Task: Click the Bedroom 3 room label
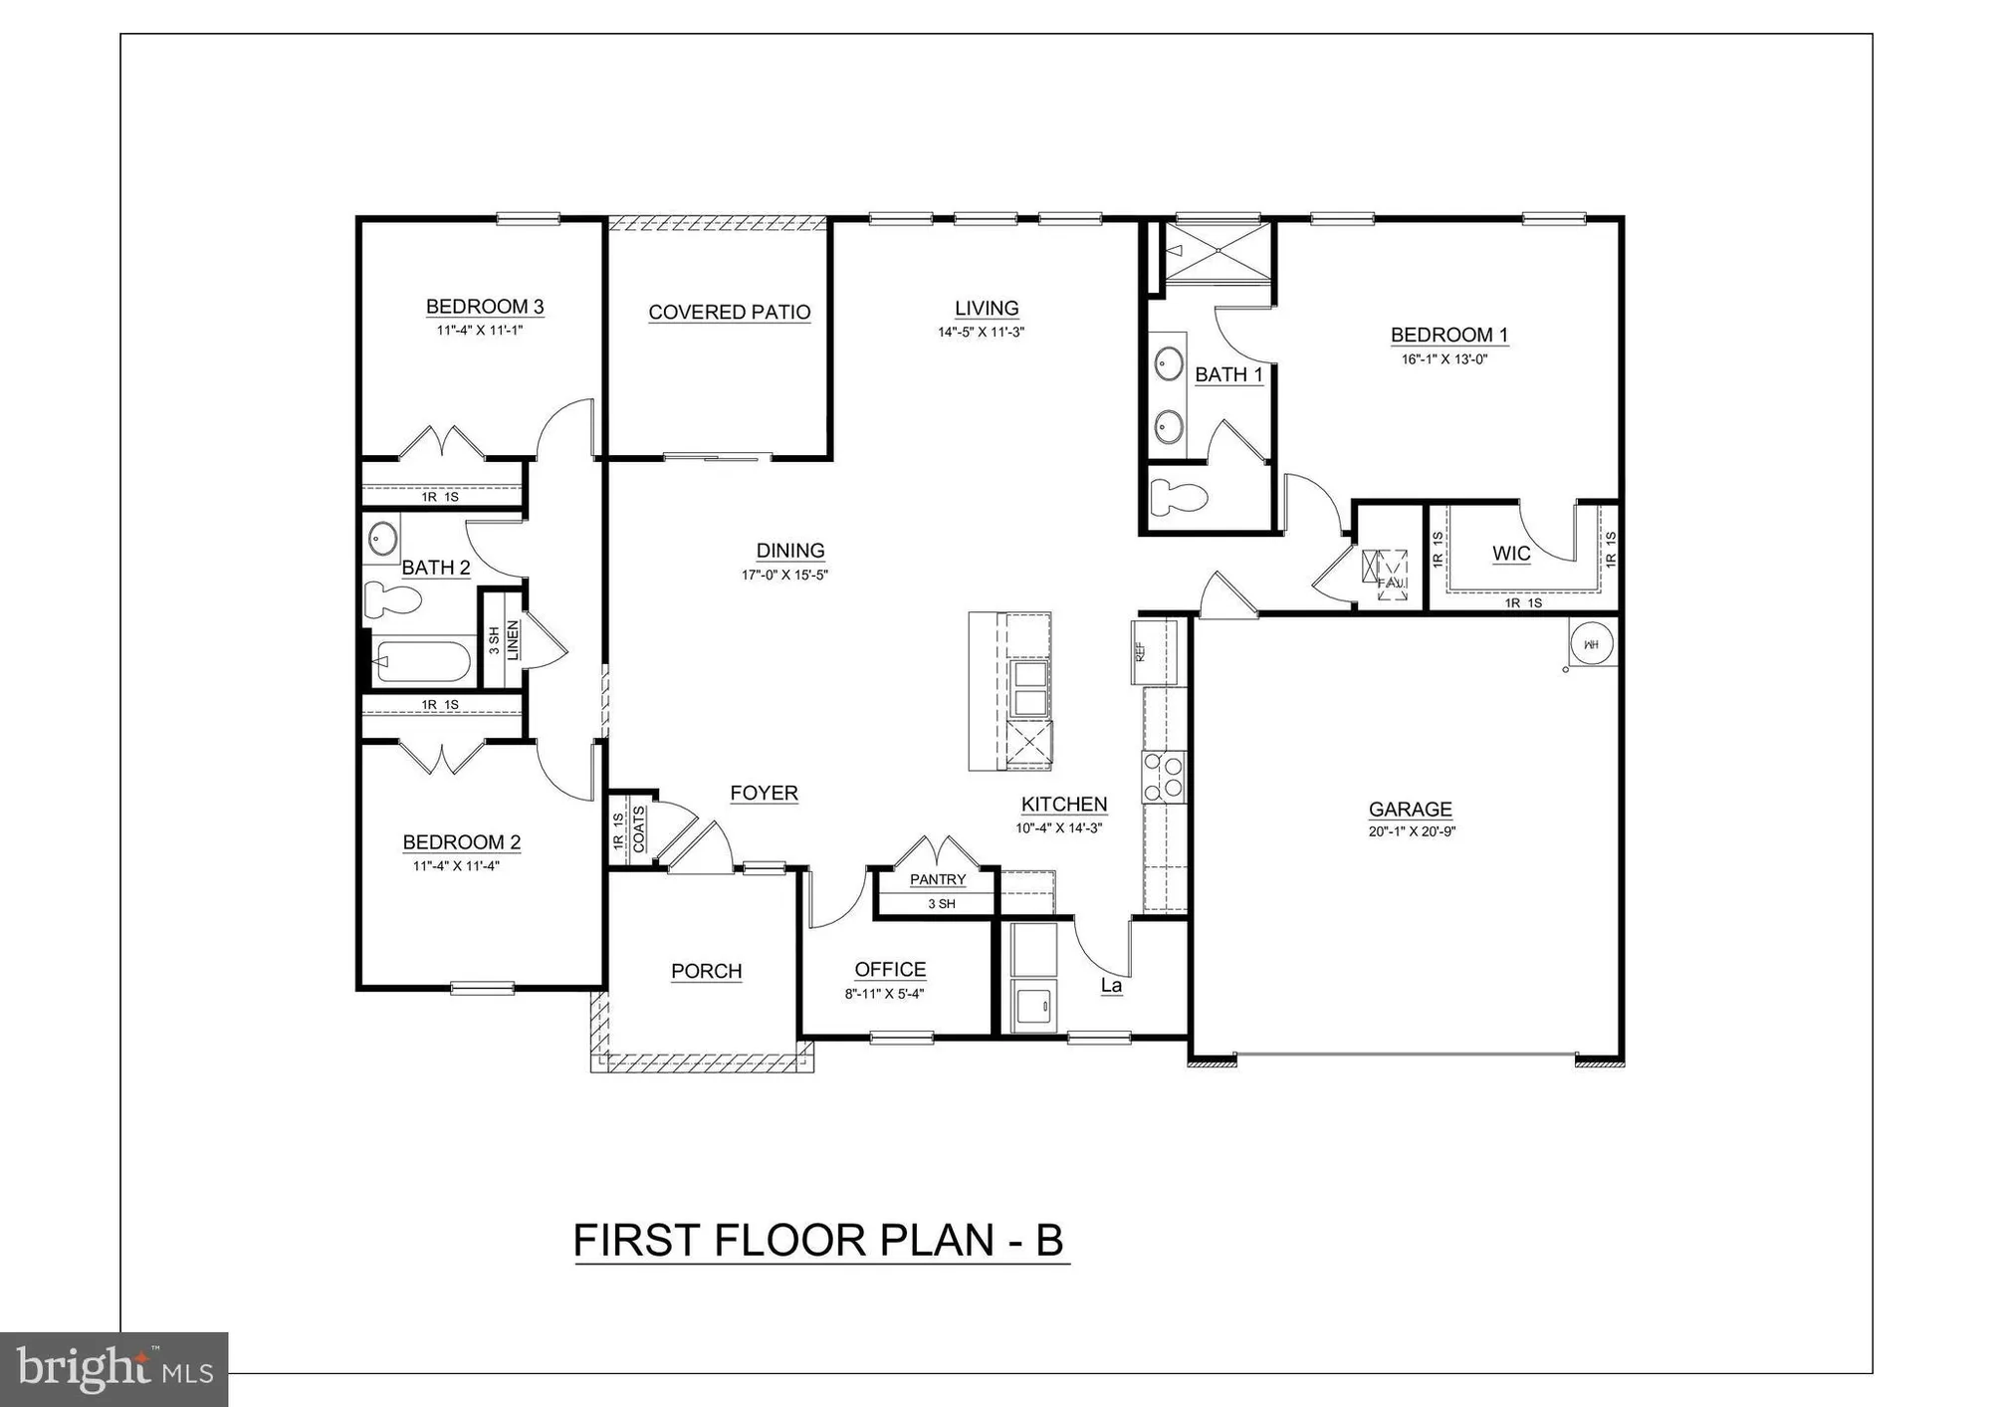point(485,307)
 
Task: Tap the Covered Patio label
point(730,313)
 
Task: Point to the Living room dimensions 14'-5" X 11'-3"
point(981,333)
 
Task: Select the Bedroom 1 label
point(1448,336)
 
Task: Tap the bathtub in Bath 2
point(422,659)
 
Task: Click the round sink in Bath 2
point(381,539)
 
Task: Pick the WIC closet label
point(1510,554)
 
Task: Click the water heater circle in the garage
point(1591,644)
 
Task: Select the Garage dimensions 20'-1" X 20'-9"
point(1412,831)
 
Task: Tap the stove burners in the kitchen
point(1164,778)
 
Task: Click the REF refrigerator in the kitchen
point(1154,652)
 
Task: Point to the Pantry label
point(938,879)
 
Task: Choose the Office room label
point(890,970)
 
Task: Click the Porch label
point(706,971)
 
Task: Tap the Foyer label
point(764,794)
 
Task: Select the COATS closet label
point(639,828)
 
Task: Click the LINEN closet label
point(513,640)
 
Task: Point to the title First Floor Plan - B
point(818,1241)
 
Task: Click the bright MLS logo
point(114,1369)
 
